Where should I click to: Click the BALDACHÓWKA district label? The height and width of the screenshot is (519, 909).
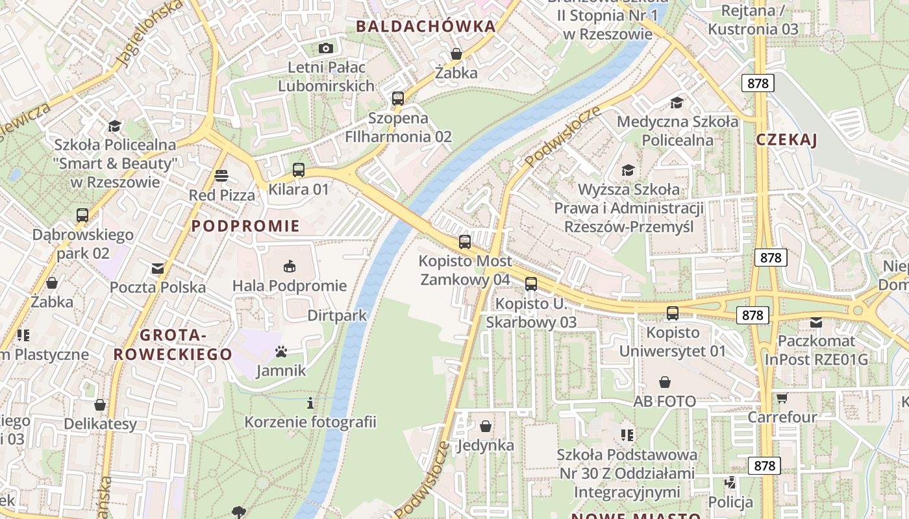[x=426, y=27]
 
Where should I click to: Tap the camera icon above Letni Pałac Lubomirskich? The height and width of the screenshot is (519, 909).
[x=326, y=48]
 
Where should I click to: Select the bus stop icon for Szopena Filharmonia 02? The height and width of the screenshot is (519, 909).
[x=398, y=99]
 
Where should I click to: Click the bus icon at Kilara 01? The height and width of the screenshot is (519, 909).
[x=299, y=170]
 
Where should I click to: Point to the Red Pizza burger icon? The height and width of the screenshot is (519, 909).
[x=221, y=176]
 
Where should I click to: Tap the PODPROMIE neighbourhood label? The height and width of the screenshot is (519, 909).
[x=246, y=226]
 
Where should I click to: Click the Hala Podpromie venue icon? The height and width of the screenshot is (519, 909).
[x=290, y=266]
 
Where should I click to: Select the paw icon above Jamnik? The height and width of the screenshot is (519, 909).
[x=281, y=352]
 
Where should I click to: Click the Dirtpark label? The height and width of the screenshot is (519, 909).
[x=337, y=316]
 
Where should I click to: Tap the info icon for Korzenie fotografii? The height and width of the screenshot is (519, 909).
[x=310, y=403]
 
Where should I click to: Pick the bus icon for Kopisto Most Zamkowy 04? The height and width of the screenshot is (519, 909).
[x=465, y=242]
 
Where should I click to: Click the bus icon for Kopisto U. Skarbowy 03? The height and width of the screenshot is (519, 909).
[x=531, y=284]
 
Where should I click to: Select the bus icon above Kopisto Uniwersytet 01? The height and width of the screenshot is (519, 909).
[x=673, y=313]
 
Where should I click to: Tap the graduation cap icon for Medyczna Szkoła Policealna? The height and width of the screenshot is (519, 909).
[x=677, y=103]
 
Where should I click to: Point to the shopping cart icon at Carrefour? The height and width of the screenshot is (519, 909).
[x=782, y=398]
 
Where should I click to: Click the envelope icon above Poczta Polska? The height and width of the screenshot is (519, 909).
[x=158, y=268]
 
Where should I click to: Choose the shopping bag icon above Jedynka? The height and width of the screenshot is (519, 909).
[x=486, y=426]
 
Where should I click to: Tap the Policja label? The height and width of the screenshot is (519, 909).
[x=730, y=502]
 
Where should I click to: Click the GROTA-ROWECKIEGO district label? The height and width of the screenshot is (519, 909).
[x=173, y=344]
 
